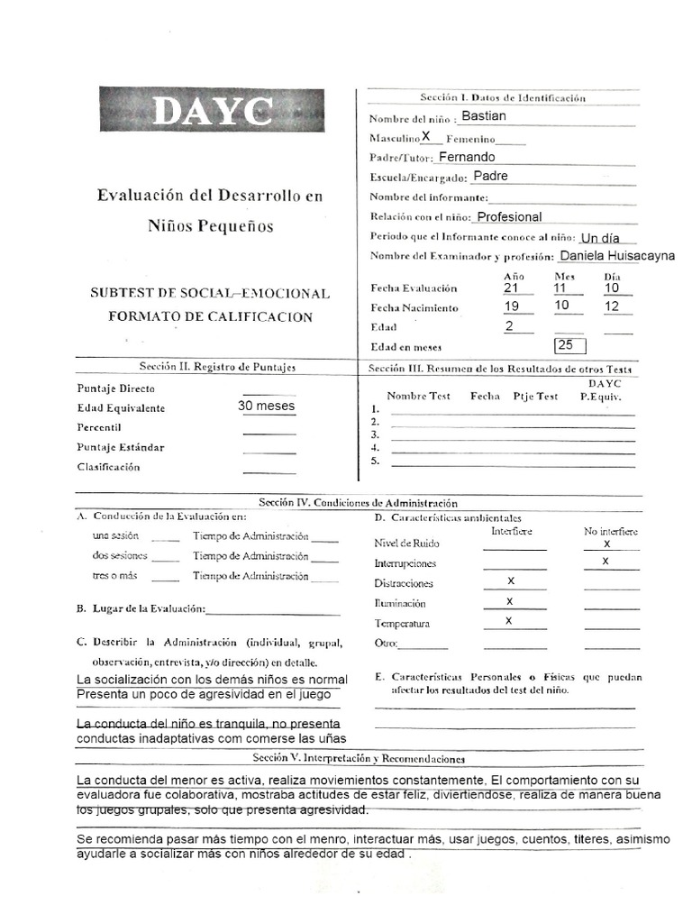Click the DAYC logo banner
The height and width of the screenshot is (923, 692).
pos(212,110)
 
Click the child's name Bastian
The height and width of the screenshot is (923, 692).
pos(483,116)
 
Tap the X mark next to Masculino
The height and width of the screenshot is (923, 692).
pos(427,137)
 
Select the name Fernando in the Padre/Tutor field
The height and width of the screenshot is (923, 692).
pos(467,157)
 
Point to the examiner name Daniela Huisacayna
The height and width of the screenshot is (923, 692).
pos(617,255)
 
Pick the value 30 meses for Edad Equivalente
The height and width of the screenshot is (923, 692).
pos(266,407)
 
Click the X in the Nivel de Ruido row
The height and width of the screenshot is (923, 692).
pos(606,544)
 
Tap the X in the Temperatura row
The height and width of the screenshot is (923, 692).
pos(511,621)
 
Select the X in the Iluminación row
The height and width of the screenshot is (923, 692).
pos(511,601)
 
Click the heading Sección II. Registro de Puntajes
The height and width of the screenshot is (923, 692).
pos(216,367)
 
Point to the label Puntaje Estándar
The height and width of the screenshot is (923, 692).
pos(121,447)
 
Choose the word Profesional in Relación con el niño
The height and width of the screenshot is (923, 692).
pos(509,217)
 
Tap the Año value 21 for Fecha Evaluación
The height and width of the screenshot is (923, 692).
pos(512,288)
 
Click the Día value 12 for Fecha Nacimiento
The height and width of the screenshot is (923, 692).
pos(612,306)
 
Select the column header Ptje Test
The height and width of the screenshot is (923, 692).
pos(535,396)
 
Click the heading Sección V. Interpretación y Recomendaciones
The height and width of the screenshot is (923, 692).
pos(359,759)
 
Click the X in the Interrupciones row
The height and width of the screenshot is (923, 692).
pos(605,562)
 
